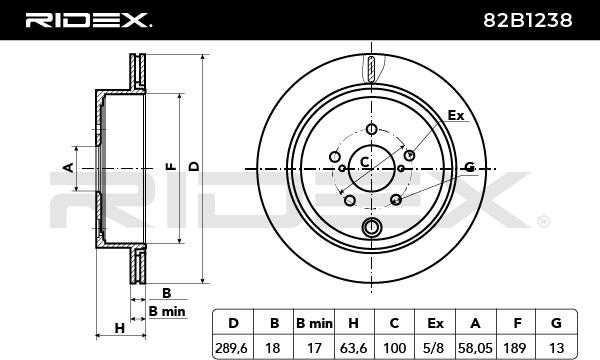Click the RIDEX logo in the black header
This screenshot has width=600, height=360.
click(89, 20)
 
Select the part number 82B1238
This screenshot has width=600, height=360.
click(528, 20)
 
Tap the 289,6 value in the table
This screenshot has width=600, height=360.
click(232, 348)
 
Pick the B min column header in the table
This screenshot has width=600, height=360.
click(314, 324)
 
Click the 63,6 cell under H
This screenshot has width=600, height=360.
click(354, 348)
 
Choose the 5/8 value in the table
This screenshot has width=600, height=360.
click(435, 348)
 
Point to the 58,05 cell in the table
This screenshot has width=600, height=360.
click(476, 348)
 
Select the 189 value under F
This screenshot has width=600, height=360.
click(517, 348)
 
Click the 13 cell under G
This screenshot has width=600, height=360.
click(556, 348)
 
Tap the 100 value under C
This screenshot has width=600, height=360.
click(395, 348)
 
